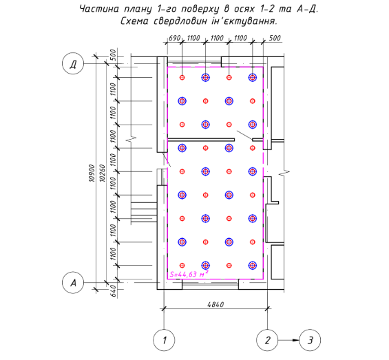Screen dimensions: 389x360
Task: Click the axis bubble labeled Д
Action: [x=73, y=63]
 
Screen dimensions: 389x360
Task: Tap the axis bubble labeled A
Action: [x=73, y=283]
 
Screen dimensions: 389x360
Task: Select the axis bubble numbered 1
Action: [x=164, y=340]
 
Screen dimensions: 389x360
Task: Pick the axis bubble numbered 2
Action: [x=267, y=340]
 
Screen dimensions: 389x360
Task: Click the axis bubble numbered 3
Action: [x=310, y=340]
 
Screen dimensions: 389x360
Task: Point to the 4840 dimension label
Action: [x=215, y=304]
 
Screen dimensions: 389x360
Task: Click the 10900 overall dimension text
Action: [x=92, y=173]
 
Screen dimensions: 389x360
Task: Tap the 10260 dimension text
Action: [x=102, y=173]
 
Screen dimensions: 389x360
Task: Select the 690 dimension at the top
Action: [x=174, y=39]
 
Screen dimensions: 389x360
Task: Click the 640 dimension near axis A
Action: [x=113, y=290]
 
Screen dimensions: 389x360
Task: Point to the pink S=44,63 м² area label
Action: [x=189, y=274]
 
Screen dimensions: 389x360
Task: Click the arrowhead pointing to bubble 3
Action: [x=296, y=340]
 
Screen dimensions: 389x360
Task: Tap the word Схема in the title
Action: [x=135, y=21]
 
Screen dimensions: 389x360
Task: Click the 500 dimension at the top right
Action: [x=275, y=39]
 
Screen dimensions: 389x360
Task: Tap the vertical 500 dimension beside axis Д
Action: [x=113, y=55]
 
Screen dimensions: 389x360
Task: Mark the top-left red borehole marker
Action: [x=182, y=77]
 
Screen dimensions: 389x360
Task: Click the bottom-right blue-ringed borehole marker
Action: [x=253, y=265]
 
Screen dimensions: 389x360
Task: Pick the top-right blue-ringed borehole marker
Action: [x=253, y=77]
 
